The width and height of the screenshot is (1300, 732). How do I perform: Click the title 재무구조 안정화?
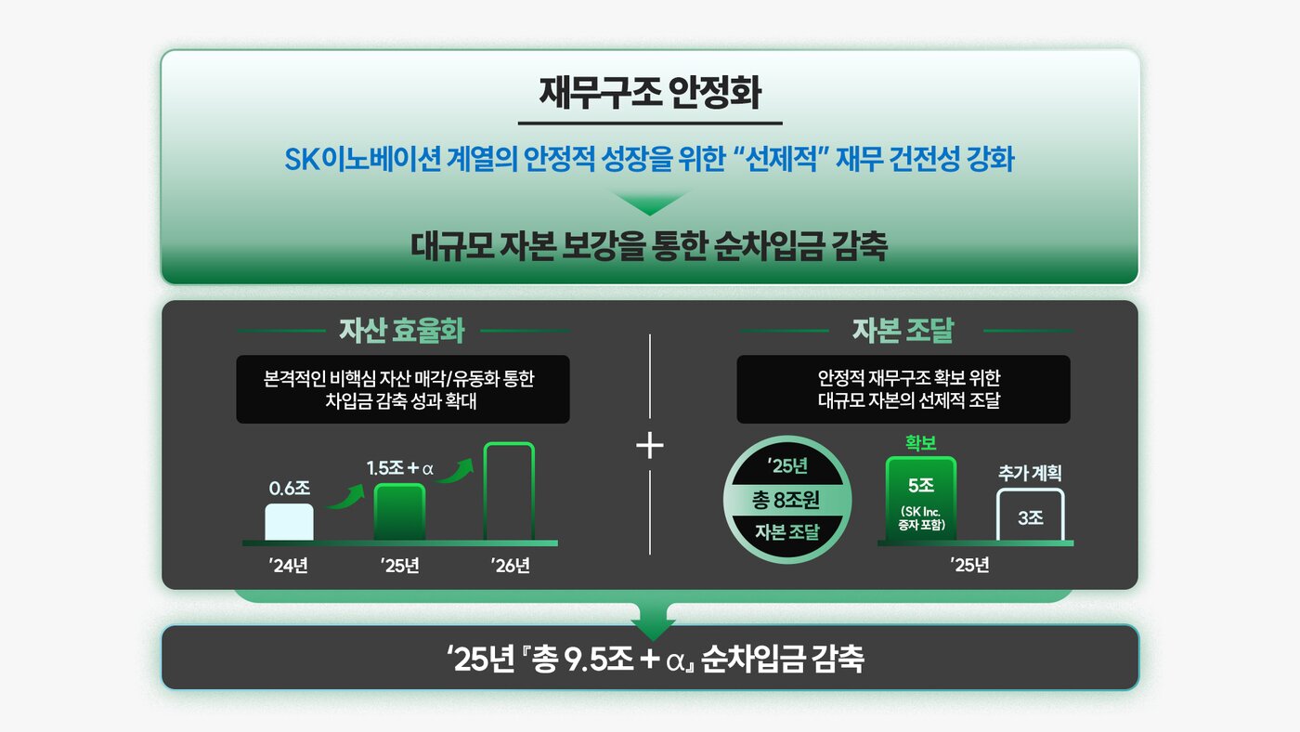coord(649,94)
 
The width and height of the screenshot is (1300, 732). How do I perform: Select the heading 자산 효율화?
coord(403,330)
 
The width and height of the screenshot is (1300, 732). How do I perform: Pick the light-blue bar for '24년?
coord(289,522)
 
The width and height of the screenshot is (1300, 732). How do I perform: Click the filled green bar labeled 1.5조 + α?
coord(399,512)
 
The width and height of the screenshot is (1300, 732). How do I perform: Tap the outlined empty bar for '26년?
coord(509,491)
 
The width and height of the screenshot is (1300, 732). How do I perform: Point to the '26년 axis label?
coord(510,565)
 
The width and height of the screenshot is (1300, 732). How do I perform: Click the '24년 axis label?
coord(289,565)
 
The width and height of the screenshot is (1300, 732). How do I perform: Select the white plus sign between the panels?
coord(650,447)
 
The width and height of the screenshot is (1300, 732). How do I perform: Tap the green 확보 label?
coord(921,441)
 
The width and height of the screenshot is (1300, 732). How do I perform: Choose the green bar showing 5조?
coord(921,499)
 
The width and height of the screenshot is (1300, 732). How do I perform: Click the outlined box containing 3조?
coord(1030,516)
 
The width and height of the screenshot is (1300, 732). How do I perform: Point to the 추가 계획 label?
coord(1030,473)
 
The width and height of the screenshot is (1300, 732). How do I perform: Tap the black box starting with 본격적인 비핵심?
coord(402,389)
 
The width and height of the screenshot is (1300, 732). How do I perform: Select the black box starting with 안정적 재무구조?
coord(903,389)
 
